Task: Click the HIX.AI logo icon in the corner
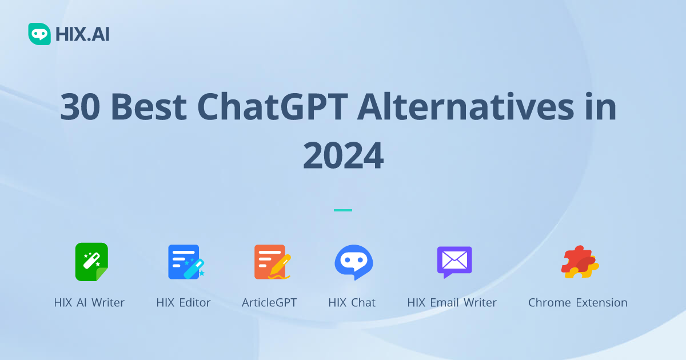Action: [39, 34]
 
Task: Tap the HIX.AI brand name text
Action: [82, 35]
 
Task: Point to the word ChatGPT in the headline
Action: [273, 107]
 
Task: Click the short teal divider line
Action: [343, 210]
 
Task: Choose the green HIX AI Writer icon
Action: [91, 262]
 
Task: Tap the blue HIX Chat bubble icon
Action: [353, 262]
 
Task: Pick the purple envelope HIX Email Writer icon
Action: [454, 262]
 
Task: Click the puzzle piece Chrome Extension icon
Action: [579, 262]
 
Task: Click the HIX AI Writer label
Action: [89, 303]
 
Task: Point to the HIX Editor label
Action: [184, 303]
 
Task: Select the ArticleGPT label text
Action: [269, 303]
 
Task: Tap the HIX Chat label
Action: [352, 303]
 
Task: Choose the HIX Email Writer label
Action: [452, 303]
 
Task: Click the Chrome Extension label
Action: [577, 303]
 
